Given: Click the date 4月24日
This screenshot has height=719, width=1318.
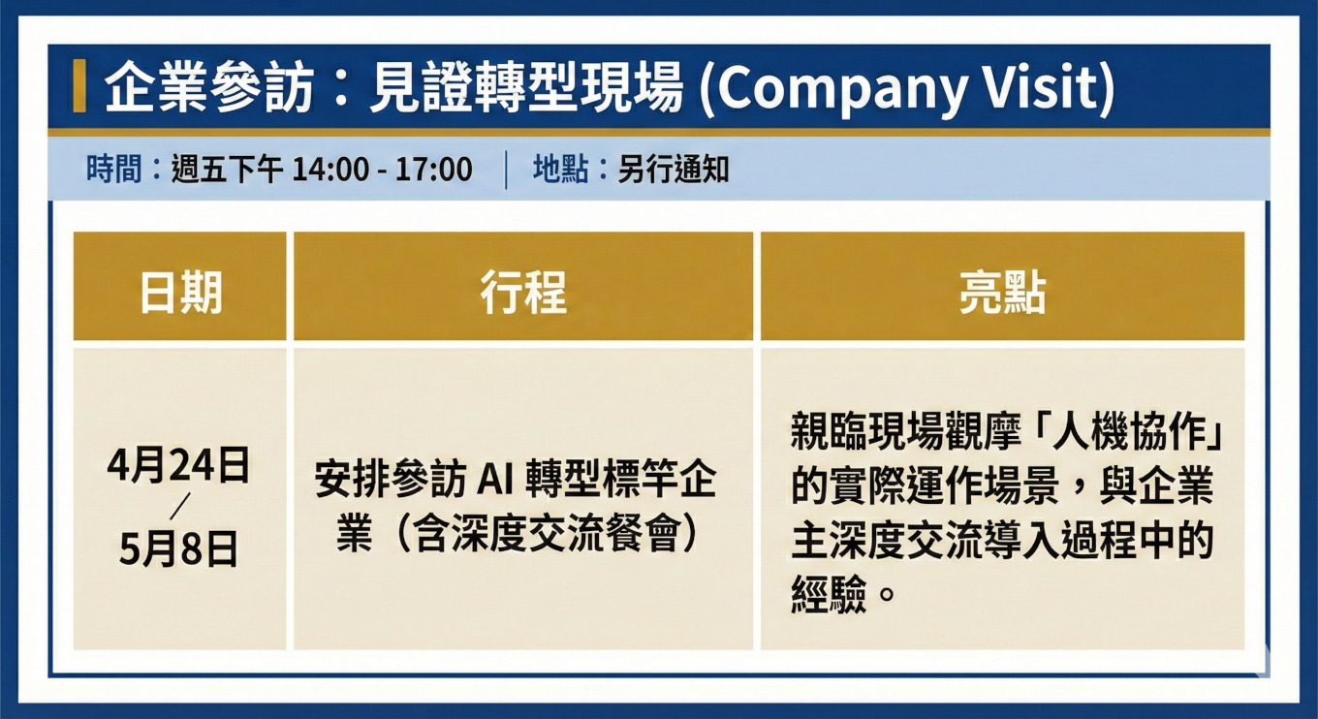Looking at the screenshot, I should (x=179, y=466).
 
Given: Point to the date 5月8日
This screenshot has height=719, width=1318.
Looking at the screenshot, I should (x=179, y=549).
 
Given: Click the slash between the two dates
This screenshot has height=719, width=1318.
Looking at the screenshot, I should (x=179, y=508).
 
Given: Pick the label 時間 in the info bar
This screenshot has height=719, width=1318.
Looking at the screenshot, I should (x=112, y=171).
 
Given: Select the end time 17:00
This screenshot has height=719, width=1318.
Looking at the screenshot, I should (x=433, y=171).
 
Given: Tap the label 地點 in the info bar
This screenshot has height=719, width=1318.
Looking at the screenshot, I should (x=560, y=171).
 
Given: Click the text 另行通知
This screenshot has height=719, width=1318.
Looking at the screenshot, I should (x=674, y=171).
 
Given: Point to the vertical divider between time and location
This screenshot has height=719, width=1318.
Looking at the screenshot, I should (x=506, y=171).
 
